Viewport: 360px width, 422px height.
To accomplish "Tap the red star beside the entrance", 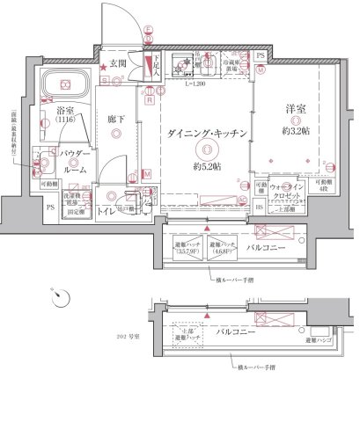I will (x=103, y=67).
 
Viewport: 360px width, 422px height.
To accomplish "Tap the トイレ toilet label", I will (x=106, y=211).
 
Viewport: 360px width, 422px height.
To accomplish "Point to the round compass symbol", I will (x=59, y=299).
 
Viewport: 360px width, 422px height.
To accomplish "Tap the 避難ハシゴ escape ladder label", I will (x=319, y=338).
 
